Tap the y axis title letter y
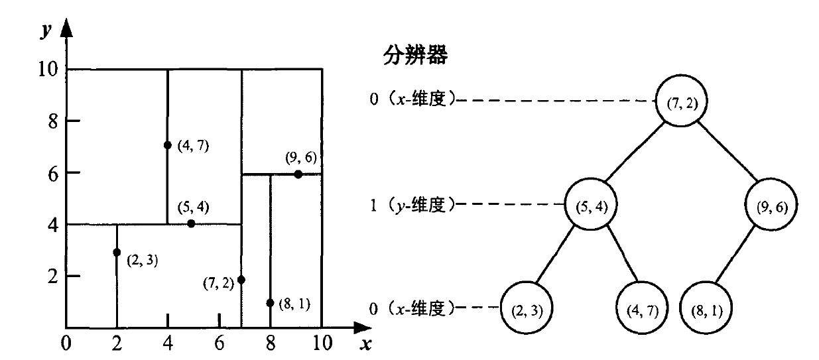[x=44, y=31]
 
